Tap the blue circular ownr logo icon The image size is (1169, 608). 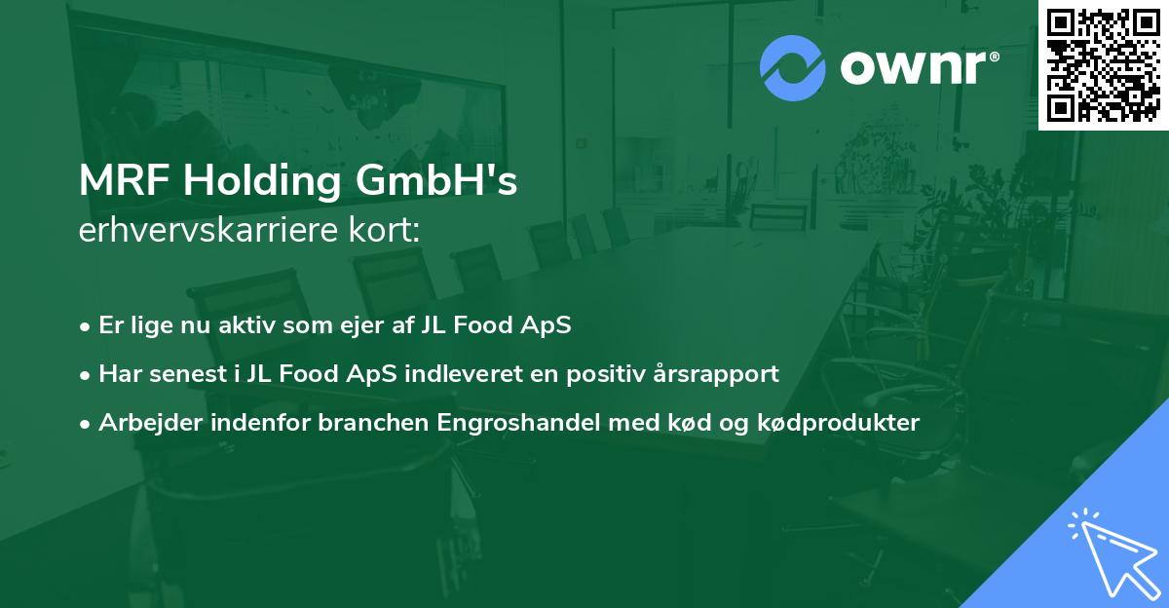792,67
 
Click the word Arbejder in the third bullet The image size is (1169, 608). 143,423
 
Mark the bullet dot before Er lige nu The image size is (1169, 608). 86,326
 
